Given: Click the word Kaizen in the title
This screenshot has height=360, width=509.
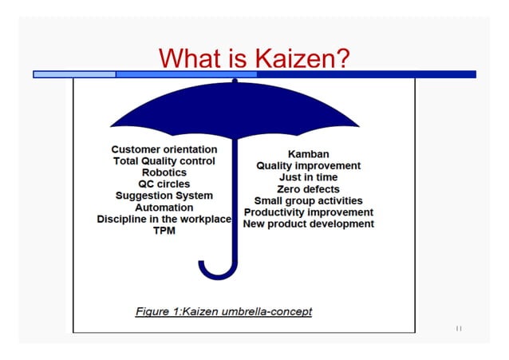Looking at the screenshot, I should click(x=302, y=58).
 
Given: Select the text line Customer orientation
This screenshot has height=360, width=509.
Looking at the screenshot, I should click(x=164, y=149).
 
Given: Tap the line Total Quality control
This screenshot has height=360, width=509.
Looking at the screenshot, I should click(x=164, y=160).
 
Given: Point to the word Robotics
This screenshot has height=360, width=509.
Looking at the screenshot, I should click(x=164, y=172).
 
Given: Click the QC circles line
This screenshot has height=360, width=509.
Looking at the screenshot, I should click(x=164, y=184).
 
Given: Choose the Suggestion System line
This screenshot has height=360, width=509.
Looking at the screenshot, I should click(x=164, y=196).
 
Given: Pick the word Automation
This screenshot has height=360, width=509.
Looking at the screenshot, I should click(x=164, y=207).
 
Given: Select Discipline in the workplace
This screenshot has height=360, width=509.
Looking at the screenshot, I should click(x=164, y=219).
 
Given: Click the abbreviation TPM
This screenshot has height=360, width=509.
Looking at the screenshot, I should click(x=164, y=231).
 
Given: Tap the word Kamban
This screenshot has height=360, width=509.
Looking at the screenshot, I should click(x=308, y=154).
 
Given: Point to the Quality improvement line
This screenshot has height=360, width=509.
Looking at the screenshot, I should click(x=308, y=166).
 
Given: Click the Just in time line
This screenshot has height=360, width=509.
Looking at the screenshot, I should click(x=308, y=177).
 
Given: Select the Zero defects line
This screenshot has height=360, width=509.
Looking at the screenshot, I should click(x=308, y=189).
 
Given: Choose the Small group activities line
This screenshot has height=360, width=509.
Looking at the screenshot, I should click(x=308, y=200).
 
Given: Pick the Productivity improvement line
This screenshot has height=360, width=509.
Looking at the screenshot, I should click(x=308, y=212).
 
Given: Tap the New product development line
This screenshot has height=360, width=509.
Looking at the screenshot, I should click(x=308, y=224).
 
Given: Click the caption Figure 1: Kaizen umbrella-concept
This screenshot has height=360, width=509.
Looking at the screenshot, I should click(x=223, y=311).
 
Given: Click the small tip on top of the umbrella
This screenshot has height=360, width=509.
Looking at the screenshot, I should click(x=235, y=81).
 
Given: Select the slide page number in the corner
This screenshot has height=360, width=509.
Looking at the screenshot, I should click(x=459, y=328).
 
